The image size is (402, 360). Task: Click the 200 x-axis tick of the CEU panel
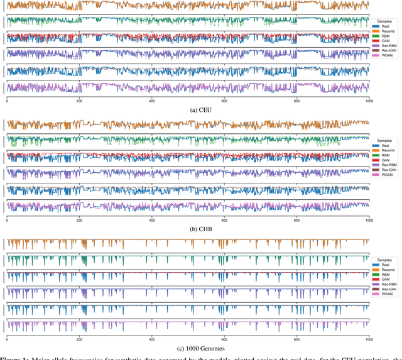tap(79, 101)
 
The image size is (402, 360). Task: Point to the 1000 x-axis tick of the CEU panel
tap(368, 101)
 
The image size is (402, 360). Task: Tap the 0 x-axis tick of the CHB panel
tap(7, 220)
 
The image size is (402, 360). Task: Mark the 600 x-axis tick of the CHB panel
tap(224, 220)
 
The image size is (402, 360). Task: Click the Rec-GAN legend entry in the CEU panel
tap(384, 65)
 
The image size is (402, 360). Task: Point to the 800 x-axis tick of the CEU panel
tap(296, 101)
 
